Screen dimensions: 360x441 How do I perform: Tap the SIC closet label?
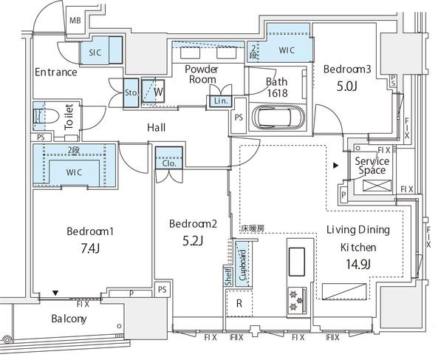point(95,52)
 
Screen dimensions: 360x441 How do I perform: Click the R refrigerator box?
point(238,304)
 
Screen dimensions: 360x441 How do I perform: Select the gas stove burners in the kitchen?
point(295,299)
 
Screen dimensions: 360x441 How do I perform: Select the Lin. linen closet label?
point(220,101)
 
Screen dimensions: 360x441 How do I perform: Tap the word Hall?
point(156,128)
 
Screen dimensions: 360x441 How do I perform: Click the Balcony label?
point(69,319)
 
